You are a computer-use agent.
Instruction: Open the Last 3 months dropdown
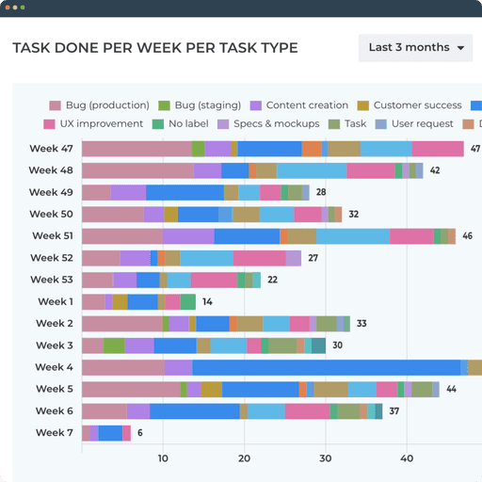point(415,48)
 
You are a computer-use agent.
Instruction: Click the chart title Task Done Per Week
point(154,48)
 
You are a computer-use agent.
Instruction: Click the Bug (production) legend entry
point(99,105)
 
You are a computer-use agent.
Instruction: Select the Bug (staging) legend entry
point(197,105)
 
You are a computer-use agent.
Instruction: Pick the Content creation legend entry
point(298,105)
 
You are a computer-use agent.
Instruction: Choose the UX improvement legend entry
point(93,124)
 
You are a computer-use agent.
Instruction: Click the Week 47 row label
point(51,149)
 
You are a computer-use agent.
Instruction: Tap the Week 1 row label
point(55,301)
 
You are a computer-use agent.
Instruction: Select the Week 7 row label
point(55,433)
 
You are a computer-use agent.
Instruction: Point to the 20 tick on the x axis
point(244,459)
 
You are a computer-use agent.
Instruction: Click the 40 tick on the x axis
point(407,459)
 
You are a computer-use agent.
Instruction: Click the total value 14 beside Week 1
point(207,302)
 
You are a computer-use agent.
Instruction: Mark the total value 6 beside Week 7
point(140,433)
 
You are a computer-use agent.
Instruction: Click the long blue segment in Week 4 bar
point(326,367)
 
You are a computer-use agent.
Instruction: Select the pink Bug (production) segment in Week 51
point(121,236)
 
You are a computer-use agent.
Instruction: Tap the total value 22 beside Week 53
point(272,281)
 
